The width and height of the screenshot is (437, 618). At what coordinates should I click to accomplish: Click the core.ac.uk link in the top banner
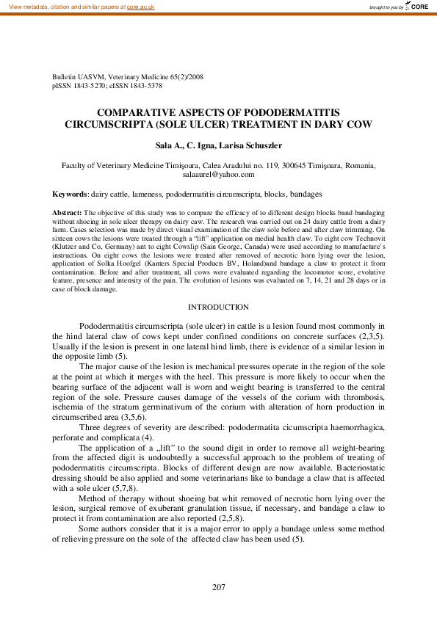[x=140, y=7]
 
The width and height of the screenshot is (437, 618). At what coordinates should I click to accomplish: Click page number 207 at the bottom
[x=218, y=587]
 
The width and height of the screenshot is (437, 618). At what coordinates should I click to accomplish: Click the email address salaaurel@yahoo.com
[x=218, y=175]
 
